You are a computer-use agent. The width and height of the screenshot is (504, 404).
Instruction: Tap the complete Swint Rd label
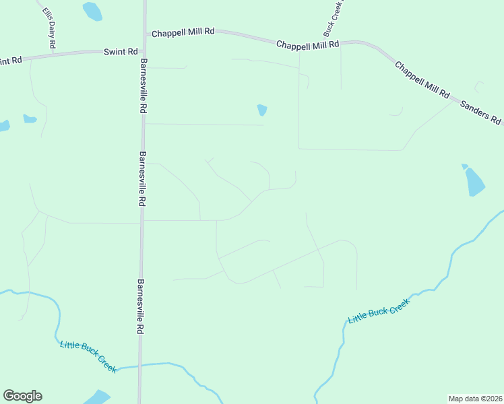tap(121, 51)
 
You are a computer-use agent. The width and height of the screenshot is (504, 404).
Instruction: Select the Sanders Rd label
tap(480, 112)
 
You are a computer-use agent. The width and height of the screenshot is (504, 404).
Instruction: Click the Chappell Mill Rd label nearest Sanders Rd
tap(422, 81)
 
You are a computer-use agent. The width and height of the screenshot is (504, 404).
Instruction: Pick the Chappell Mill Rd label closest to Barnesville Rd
tap(183, 32)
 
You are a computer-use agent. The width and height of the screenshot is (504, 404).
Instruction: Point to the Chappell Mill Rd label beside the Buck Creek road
tap(307, 44)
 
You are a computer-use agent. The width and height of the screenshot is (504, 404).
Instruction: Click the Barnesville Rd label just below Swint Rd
tap(143, 85)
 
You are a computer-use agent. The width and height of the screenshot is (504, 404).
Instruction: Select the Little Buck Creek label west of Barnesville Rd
tap(88, 356)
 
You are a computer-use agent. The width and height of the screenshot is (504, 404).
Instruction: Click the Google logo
tap(22, 396)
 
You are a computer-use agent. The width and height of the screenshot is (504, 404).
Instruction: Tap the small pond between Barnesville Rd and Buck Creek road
tap(262, 109)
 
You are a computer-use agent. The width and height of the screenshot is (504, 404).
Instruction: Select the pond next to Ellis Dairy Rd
tap(92, 11)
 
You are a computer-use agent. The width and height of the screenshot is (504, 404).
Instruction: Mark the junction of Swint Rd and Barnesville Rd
tap(143, 50)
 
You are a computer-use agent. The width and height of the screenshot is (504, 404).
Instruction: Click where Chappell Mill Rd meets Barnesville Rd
tap(144, 32)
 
